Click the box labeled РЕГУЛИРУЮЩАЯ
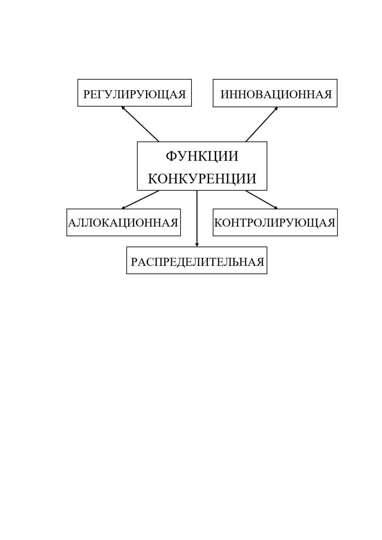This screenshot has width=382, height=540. (x=134, y=93)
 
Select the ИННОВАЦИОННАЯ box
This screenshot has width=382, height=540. (x=275, y=93)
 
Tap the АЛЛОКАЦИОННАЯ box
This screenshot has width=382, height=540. (x=123, y=222)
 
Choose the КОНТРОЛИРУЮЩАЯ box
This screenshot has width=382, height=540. (x=275, y=222)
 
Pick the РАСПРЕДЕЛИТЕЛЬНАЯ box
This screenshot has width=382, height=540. (x=197, y=260)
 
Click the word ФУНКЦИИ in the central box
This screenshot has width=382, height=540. (x=202, y=156)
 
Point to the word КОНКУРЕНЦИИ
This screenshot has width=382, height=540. (x=202, y=179)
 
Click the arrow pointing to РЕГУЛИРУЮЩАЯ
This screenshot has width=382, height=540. (x=140, y=124)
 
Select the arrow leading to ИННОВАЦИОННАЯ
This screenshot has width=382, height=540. (x=262, y=124)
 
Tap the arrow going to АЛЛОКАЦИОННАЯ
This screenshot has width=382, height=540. (x=140, y=199)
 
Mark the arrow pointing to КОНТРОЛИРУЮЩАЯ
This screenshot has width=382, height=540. (x=262, y=199)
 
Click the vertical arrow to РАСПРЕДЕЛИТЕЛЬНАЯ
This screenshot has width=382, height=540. (x=197, y=218)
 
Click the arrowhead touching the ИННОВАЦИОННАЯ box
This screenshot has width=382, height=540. (x=276, y=108)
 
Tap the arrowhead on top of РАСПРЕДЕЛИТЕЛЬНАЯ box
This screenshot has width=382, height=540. (x=197, y=245)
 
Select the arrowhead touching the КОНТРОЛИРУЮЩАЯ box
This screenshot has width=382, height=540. (x=276, y=208)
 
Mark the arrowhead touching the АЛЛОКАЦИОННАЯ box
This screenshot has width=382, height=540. (x=123, y=208)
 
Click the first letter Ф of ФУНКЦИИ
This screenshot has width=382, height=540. (x=171, y=156)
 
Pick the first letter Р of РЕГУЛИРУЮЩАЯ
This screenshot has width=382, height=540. (x=86, y=94)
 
